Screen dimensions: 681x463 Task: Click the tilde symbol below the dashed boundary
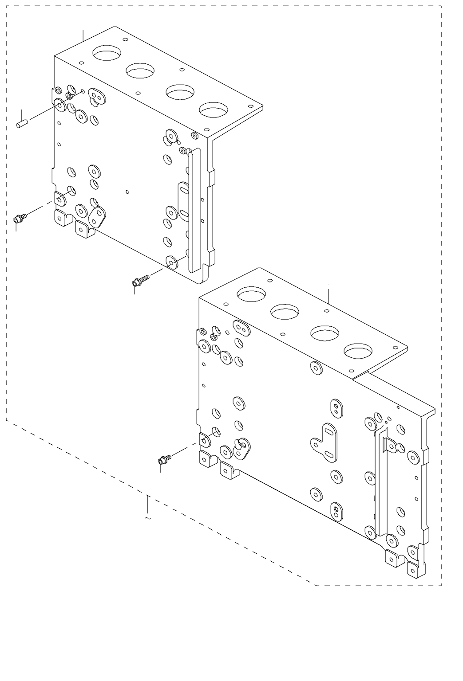click(147, 517)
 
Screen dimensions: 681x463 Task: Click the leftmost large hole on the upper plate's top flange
click(107, 53)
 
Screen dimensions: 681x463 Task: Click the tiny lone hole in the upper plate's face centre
click(127, 192)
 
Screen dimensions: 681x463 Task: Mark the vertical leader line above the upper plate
click(83, 35)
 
